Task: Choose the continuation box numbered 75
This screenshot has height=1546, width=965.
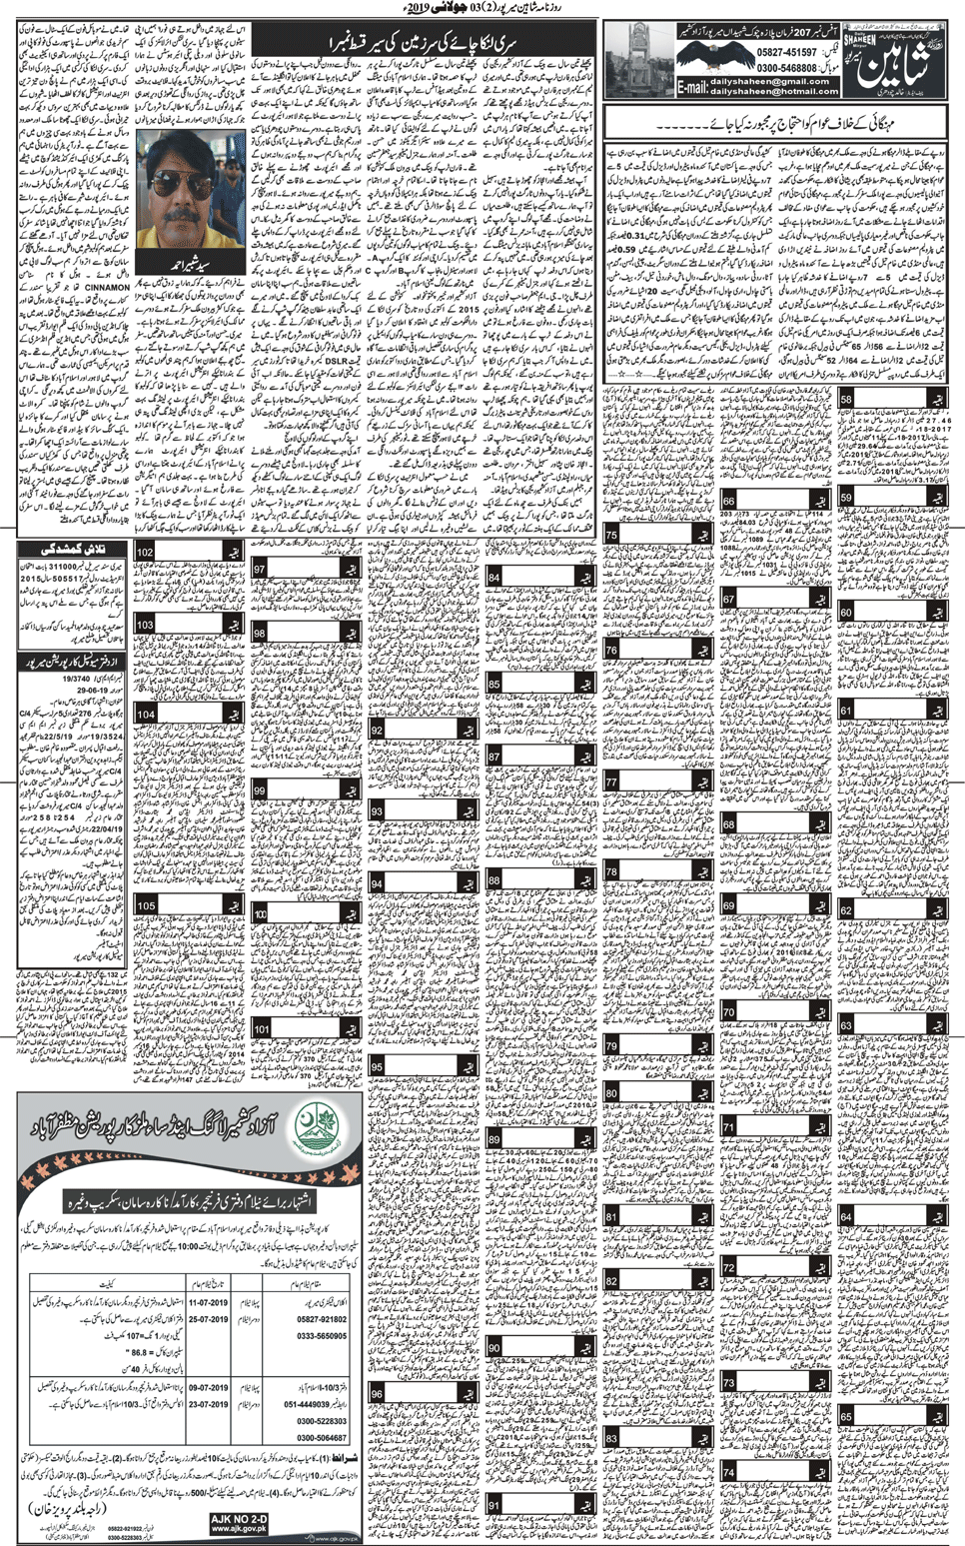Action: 610,537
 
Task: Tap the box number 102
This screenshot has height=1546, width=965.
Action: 146,553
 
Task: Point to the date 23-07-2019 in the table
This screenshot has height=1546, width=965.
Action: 209,1404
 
